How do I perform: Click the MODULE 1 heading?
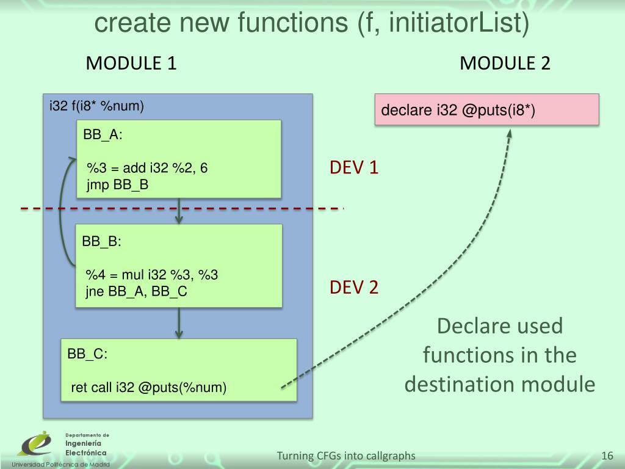point(131,63)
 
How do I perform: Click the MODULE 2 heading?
point(505,63)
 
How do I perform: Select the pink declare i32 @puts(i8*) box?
point(486,111)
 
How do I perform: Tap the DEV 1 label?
point(354,167)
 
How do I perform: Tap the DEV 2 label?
point(354,287)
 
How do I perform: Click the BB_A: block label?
point(103,136)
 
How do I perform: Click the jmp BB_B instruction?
point(118,184)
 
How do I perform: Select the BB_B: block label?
point(102,241)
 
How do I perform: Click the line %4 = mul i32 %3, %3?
point(151,275)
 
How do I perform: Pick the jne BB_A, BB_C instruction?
point(135,292)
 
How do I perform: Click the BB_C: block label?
point(87,354)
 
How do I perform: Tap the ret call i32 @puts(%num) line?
point(148,388)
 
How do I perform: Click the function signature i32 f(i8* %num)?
point(96,107)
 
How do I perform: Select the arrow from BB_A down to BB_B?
point(178,211)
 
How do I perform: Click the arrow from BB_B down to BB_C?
point(178,323)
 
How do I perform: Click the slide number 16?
point(607,456)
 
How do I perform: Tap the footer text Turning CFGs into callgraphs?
point(346,456)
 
